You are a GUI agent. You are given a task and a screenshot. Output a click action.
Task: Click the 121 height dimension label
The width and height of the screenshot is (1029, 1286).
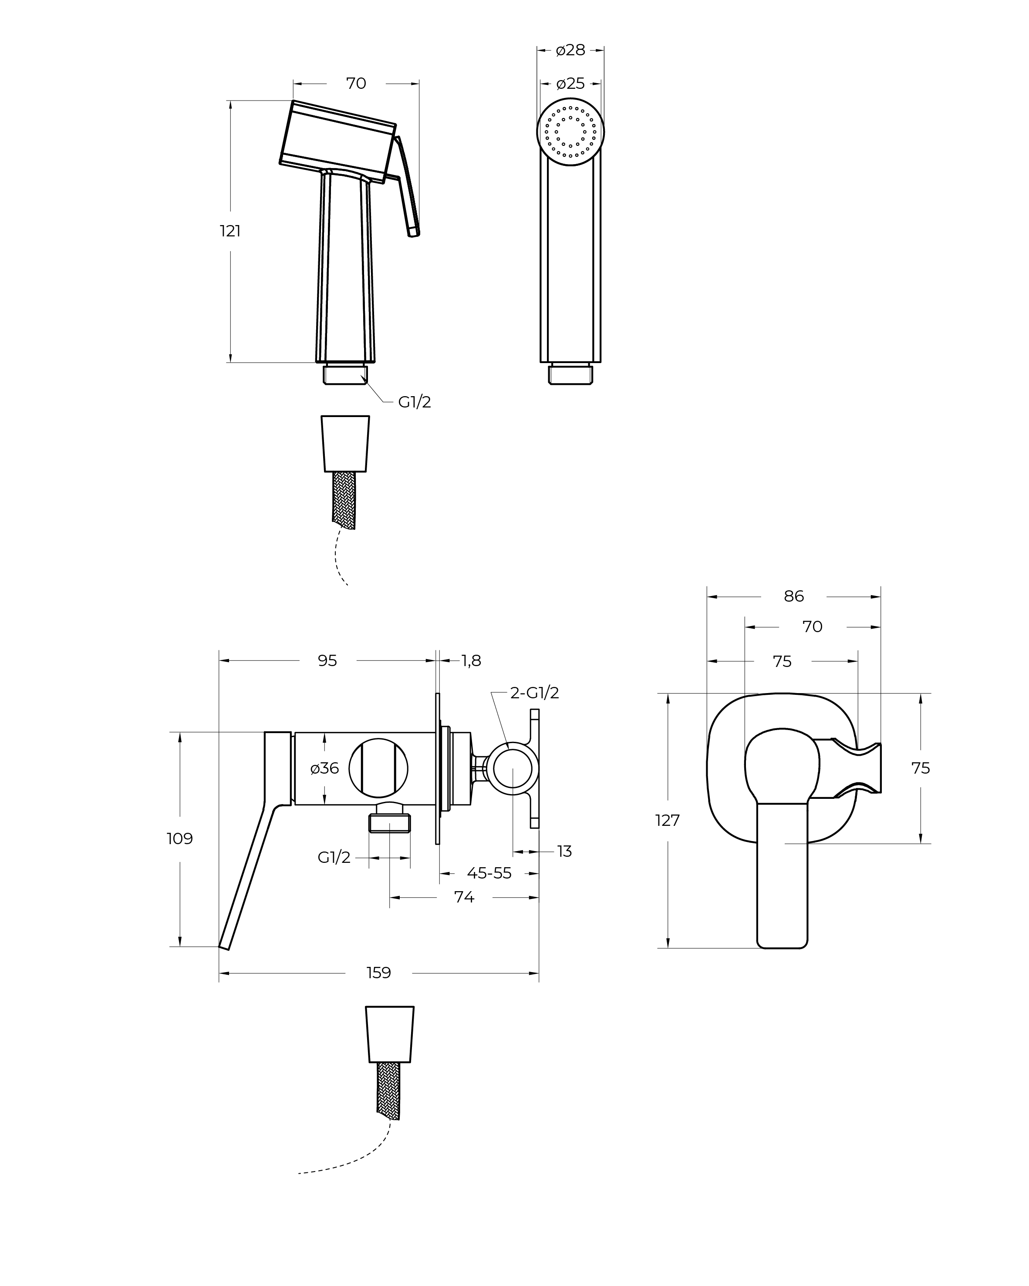point(230,231)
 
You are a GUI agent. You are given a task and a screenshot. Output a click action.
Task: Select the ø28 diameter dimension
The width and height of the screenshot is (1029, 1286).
point(570,50)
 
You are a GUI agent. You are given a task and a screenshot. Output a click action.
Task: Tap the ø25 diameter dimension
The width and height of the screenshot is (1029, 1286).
point(570,84)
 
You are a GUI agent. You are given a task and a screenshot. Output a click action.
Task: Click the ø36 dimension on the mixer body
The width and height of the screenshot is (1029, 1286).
point(324,768)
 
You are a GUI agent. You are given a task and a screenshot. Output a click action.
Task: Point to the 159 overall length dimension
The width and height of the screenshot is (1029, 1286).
point(378,973)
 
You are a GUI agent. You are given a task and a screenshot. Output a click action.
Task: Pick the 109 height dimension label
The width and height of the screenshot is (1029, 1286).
point(179,838)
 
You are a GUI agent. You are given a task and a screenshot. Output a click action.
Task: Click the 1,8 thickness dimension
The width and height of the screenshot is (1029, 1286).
point(471,661)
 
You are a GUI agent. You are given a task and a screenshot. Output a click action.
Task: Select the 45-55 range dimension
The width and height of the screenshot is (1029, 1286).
point(489,873)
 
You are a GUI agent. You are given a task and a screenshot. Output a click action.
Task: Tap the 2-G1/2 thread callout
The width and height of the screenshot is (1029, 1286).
point(534,693)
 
